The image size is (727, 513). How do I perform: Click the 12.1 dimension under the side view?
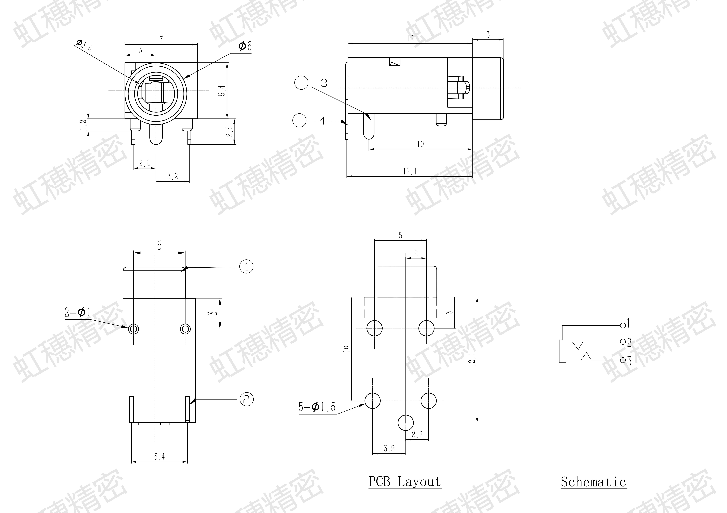point(410,171)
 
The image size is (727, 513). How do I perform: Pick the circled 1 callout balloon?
point(246,267)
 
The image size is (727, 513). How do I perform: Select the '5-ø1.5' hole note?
point(317,407)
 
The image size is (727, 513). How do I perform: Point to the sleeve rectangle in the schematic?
point(563,351)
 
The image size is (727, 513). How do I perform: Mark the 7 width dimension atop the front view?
point(161,40)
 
